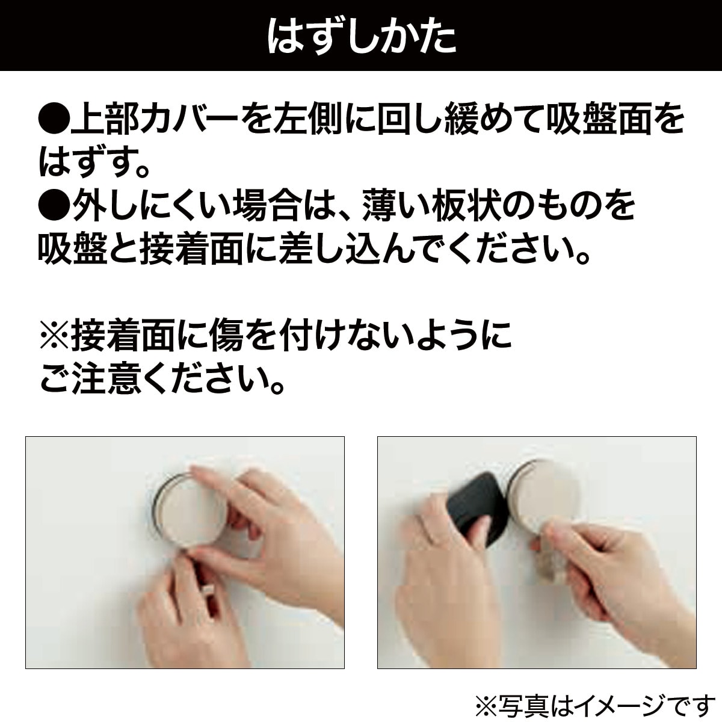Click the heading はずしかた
361,36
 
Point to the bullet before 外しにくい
54,206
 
